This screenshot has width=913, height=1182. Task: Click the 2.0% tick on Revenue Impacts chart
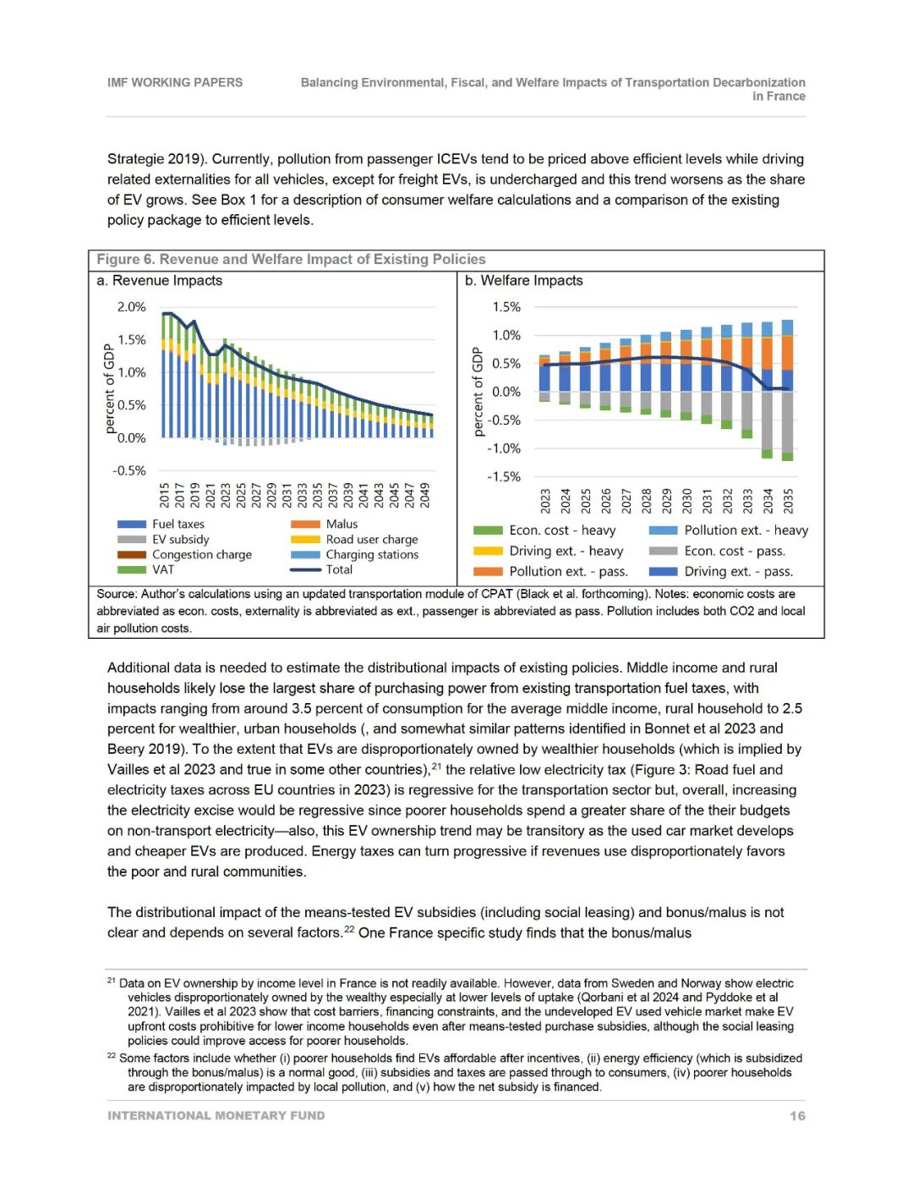click(x=131, y=307)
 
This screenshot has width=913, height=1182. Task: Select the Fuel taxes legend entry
click(x=178, y=525)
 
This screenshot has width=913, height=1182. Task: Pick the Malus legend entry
click(x=342, y=525)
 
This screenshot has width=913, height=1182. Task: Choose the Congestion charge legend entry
click(x=201, y=555)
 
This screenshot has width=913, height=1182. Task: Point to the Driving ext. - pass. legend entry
click(x=738, y=572)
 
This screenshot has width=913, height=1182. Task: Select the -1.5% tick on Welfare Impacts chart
click(x=503, y=477)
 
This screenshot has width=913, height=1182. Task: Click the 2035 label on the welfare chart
click(x=788, y=500)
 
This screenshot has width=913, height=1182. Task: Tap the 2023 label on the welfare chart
click(x=545, y=500)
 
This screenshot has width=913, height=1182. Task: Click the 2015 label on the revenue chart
click(x=165, y=495)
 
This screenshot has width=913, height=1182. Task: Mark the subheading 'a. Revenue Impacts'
click(x=160, y=281)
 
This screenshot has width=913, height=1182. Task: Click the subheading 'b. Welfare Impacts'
click(x=524, y=281)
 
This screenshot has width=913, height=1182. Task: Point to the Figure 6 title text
click(x=291, y=260)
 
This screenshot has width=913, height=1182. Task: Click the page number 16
click(x=797, y=1116)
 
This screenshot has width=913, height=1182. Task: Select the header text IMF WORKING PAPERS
click(x=175, y=83)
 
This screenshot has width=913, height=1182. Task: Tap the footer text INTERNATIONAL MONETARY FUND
click(x=216, y=1116)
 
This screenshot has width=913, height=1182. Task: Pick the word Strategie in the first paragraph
click(x=135, y=159)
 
